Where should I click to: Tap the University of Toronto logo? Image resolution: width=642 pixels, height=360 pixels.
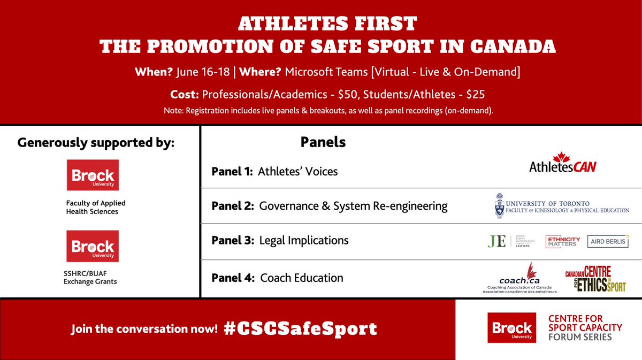point(562,206)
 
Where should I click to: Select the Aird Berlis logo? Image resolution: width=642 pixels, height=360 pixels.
point(607,241)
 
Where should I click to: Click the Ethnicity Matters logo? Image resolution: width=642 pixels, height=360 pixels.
point(563,241)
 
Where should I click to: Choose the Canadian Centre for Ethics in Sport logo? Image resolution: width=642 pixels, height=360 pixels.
point(595,279)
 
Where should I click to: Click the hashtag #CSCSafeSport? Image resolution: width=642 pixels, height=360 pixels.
point(300,328)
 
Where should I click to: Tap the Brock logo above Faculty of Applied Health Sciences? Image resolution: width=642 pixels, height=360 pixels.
point(93,175)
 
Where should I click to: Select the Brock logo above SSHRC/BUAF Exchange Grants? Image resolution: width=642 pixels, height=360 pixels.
point(93,246)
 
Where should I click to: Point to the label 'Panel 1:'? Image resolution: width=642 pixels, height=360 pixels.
point(232,171)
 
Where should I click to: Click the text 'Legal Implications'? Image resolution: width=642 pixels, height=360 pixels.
point(303,241)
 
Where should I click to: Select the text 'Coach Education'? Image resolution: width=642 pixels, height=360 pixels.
point(302,278)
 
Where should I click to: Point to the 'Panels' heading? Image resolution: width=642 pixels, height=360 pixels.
point(323,142)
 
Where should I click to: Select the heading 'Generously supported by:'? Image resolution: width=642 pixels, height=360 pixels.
point(96,143)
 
